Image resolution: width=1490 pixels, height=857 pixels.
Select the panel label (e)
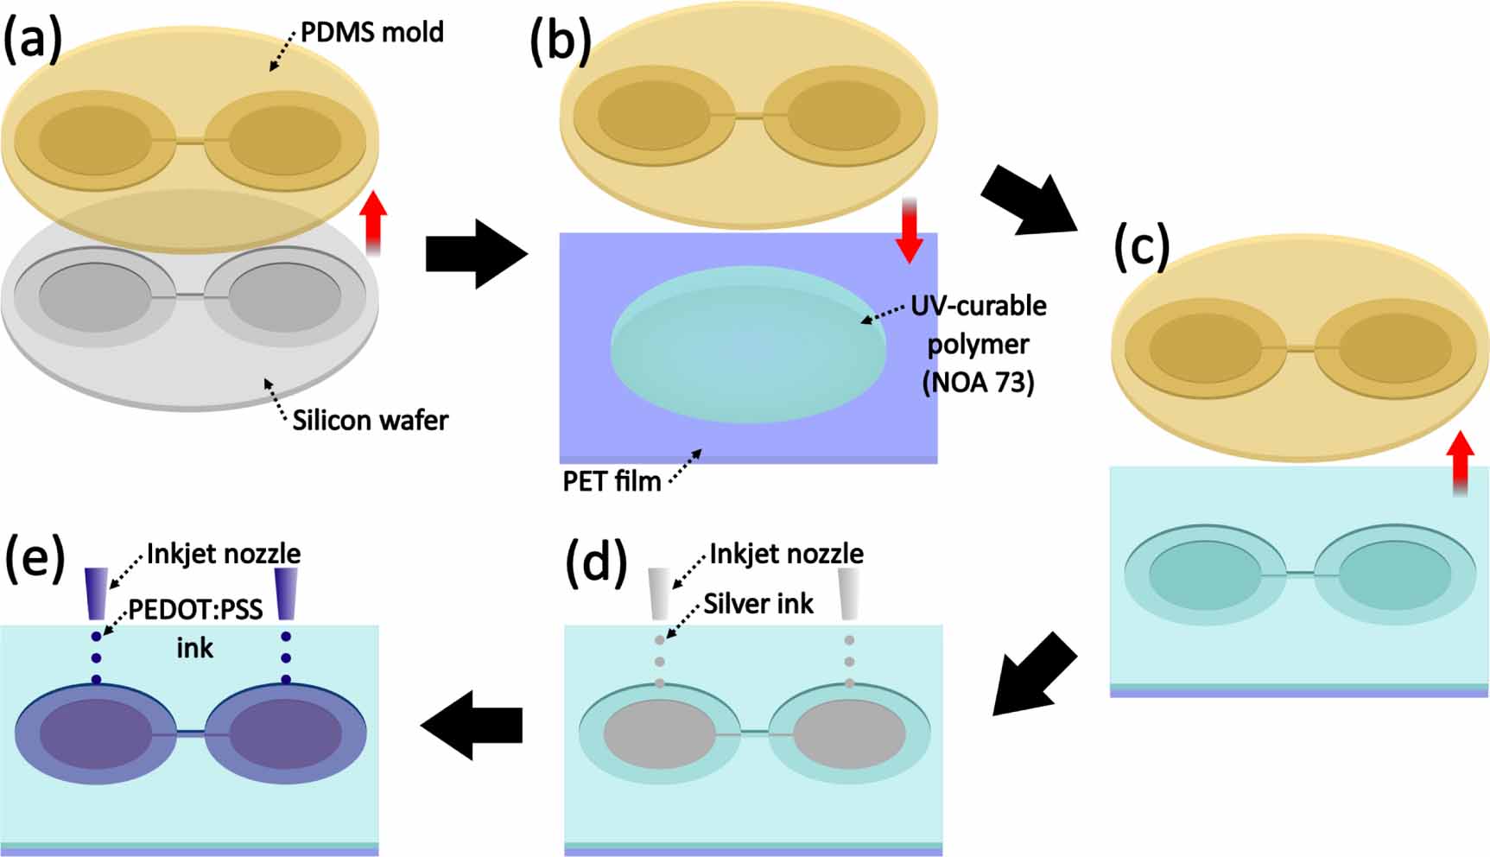tap(35, 559)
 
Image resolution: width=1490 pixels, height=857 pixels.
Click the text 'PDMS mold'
tap(371, 33)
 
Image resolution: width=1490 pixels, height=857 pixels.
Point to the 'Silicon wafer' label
tap(370, 421)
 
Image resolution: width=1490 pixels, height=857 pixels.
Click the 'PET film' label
tap(612, 481)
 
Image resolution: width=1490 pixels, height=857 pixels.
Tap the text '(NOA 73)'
tap(978, 381)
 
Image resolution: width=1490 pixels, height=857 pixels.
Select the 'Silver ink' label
tap(758, 604)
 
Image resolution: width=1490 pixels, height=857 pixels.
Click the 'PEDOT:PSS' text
tap(195, 611)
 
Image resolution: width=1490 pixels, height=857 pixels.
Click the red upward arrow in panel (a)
tap(373, 223)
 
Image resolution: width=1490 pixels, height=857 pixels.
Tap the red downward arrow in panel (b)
tap(909, 230)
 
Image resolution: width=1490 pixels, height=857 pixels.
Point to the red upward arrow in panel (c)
tap(1460, 463)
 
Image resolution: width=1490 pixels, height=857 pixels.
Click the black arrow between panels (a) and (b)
tap(476, 254)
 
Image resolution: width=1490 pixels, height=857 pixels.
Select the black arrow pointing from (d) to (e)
tap(472, 725)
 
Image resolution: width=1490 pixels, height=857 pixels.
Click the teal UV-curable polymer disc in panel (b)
tap(748, 346)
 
